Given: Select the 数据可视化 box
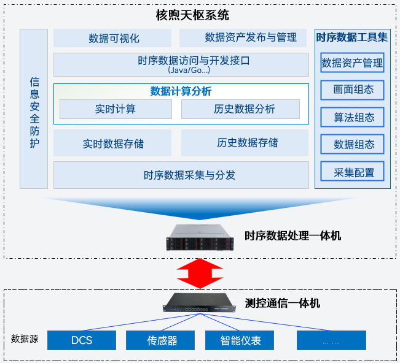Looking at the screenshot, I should click(114, 38).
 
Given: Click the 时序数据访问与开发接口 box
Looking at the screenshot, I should click(181, 64).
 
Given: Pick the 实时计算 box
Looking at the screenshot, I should click(116, 109).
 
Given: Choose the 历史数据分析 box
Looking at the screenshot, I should click(240, 109).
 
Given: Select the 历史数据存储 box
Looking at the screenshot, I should click(245, 143).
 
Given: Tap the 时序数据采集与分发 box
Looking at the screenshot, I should click(181, 175).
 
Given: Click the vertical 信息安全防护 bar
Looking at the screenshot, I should click(34, 109).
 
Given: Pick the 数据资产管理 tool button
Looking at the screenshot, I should click(352, 63).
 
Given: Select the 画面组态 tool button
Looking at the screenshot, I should click(352, 90).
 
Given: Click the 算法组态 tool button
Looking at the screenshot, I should click(352, 117).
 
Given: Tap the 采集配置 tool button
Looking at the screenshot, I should click(352, 172).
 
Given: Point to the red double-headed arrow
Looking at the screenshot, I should click(200, 272).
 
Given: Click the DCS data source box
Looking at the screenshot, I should click(82, 340).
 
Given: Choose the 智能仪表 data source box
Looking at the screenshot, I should click(240, 340).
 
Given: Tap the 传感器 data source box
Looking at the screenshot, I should click(160, 340).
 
